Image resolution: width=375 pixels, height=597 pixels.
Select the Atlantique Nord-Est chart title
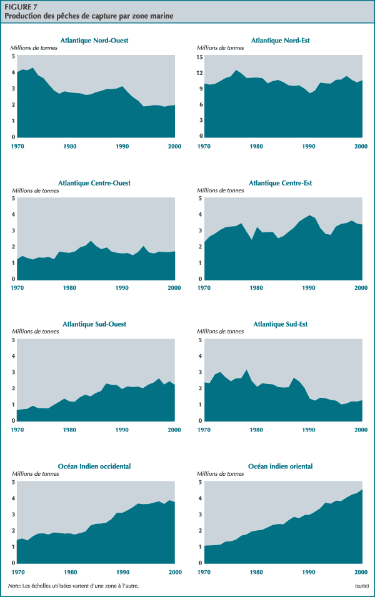281,41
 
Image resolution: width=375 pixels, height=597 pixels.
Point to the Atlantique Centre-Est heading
281,183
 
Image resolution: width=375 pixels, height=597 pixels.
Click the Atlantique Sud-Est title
281,324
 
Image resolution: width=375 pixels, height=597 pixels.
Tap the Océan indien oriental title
281,466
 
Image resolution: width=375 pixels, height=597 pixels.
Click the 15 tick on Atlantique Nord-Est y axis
200,57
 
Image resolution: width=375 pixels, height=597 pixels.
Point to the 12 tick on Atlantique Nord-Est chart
200,73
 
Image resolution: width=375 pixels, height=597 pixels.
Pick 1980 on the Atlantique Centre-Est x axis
256,289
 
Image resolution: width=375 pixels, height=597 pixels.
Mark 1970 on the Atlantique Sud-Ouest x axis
17,430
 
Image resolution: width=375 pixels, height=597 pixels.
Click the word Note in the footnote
14,586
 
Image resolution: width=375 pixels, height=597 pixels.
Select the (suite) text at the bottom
360,586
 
